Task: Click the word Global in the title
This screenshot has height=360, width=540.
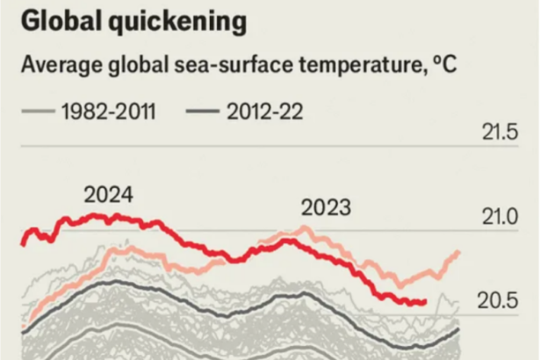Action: click(x=62, y=23)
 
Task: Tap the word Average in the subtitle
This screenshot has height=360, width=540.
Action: click(x=59, y=66)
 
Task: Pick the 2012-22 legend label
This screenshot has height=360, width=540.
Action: click(x=270, y=112)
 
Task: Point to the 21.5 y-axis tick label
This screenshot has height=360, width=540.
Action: click(x=499, y=133)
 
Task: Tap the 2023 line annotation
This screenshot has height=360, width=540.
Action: click(x=326, y=208)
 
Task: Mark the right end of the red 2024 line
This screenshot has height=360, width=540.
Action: click(x=425, y=303)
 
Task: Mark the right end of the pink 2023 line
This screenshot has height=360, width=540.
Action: click(x=459, y=253)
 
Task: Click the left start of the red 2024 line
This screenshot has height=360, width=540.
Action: click(x=22, y=242)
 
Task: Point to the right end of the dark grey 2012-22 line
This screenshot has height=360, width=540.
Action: click(x=458, y=331)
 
